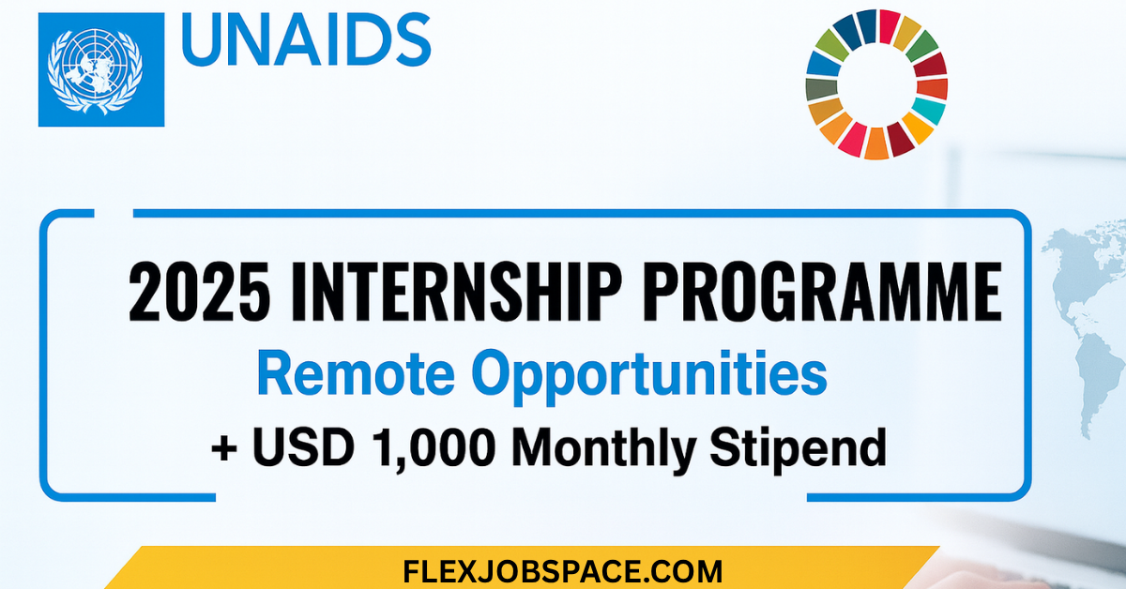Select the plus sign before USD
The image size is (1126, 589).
223,447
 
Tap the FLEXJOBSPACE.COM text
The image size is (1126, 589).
563,570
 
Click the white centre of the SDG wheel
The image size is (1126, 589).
876,84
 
